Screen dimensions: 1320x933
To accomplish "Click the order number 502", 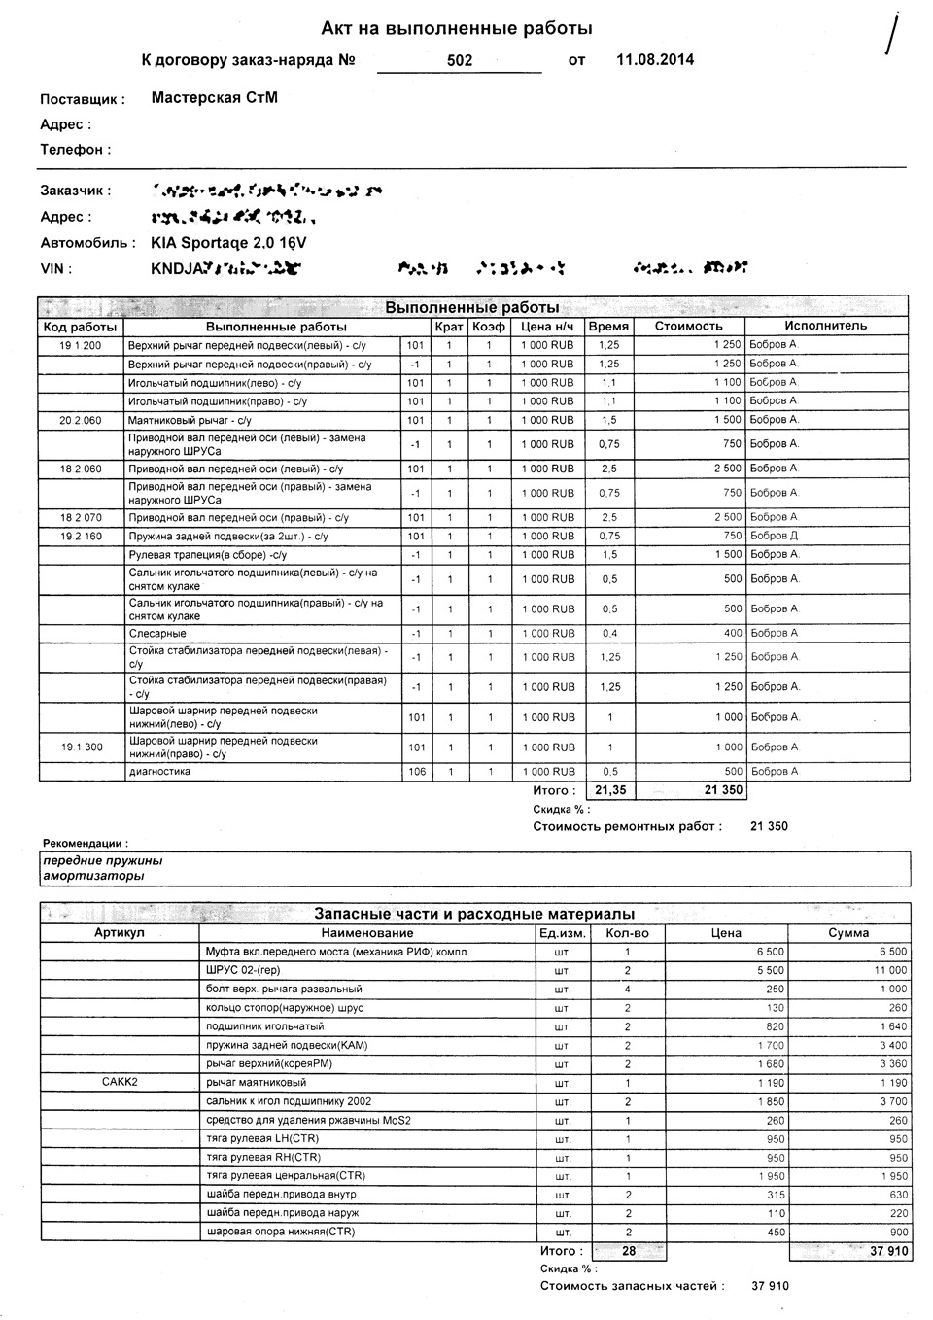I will click(x=460, y=60).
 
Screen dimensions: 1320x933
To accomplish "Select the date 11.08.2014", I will click(x=655, y=60).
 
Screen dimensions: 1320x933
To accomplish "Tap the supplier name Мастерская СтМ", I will click(x=215, y=97).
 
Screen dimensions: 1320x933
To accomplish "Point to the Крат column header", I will click(x=449, y=327).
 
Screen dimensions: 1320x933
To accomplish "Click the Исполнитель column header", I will click(x=825, y=326).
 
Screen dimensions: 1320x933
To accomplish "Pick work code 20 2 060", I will click(x=81, y=420).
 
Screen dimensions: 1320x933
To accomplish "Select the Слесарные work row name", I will click(x=157, y=634).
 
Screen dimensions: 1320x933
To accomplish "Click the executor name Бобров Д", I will click(x=774, y=536).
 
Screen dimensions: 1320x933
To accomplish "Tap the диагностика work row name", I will click(x=159, y=772).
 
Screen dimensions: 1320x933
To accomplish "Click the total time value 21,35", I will click(x=610, y=790).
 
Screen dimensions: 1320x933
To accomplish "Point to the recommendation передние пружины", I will click(x=103, y=860).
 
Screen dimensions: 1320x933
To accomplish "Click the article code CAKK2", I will click(x=120, y=1082).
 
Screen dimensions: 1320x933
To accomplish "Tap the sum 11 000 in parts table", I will click(x=890, y=970).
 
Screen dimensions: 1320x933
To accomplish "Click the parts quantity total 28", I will click(x=629, y=1251).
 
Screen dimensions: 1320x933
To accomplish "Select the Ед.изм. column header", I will click(x=562, y=933).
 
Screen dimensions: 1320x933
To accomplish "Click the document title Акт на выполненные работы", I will click(x=457, y=29).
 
